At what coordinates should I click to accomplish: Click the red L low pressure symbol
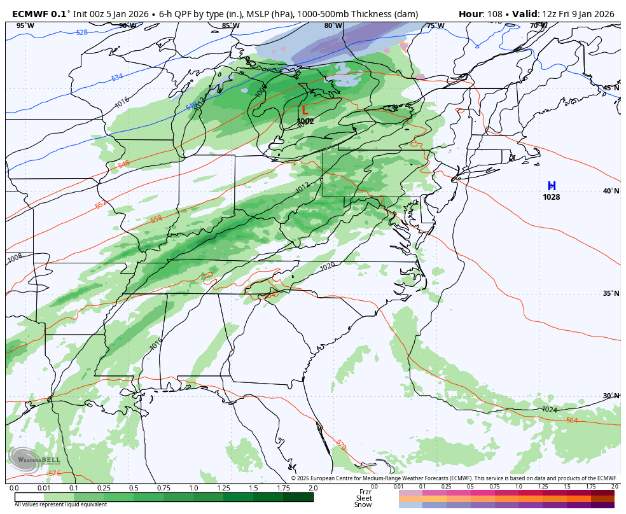click(x=305, y=111)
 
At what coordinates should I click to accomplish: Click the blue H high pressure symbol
click(x=552, y=186)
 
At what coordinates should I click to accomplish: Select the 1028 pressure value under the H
click(x=552, y=197)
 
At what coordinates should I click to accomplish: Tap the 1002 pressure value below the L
click(x=305, y=122)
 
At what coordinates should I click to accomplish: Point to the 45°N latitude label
click(x=611, y=88)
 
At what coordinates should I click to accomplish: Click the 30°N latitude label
click(x=611, y=396)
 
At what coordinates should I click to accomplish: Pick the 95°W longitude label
click(x=25, y=26)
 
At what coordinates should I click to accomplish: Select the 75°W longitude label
click(x=435, y=26)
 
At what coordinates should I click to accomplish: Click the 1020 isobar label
click(x=328, y=266)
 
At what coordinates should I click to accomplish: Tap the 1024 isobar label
click(x=549, y=410)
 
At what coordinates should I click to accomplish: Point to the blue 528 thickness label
click(x=82, y=32)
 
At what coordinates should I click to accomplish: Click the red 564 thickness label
click(x=572, y=420)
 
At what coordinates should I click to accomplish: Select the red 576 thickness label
click(x=54, y=473)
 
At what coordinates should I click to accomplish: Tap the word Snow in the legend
click(x=363, y=505)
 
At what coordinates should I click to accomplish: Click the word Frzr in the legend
click(x=365, y=492)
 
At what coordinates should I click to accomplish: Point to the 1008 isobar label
click(x=15, y=258)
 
